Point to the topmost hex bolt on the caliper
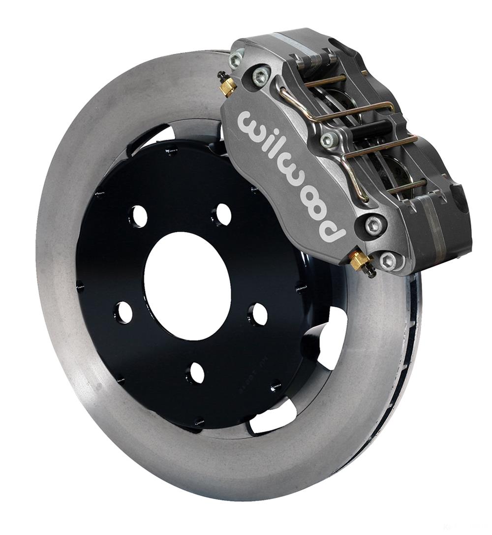[235, 60]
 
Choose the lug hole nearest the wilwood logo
[223, 214]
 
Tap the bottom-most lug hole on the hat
[196, 373]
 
